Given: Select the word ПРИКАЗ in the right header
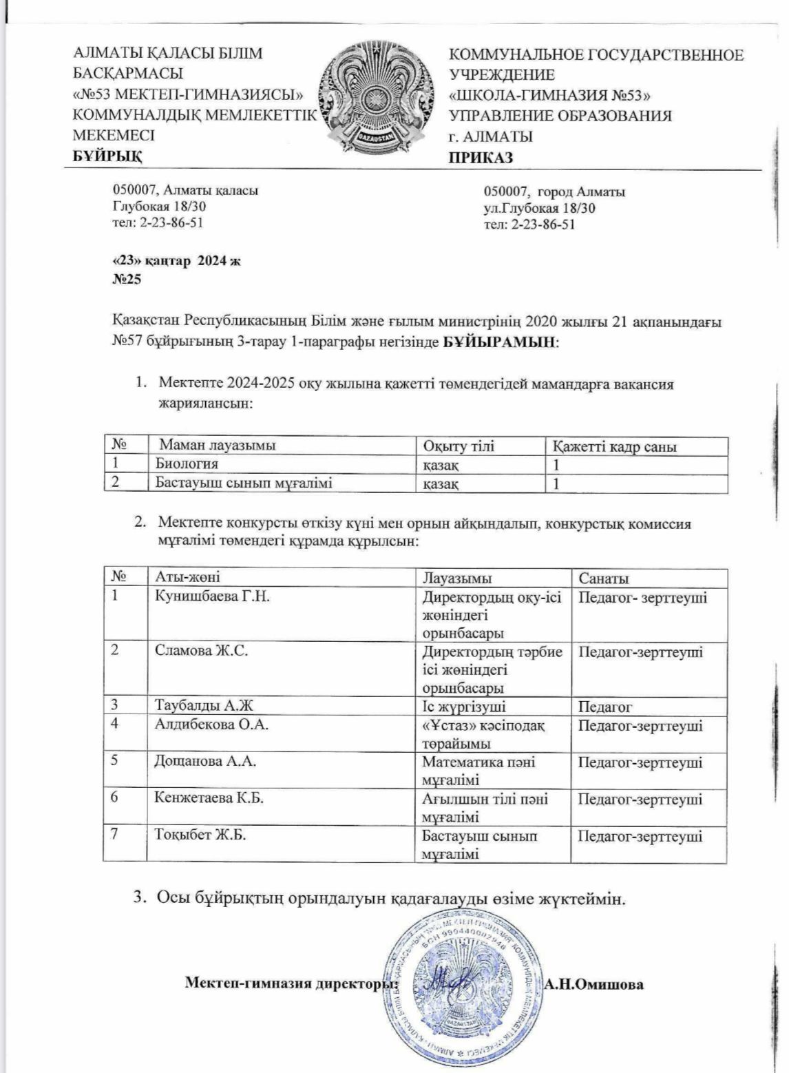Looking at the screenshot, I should click(481, 158).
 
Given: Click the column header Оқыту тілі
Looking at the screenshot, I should click(459, 446).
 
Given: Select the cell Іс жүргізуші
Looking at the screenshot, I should click(464, 706).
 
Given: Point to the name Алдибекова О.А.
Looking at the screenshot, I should click(211, 725).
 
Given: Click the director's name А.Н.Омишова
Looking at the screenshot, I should click(593, 983).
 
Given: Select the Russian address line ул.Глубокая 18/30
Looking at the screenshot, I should click(540, 208).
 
